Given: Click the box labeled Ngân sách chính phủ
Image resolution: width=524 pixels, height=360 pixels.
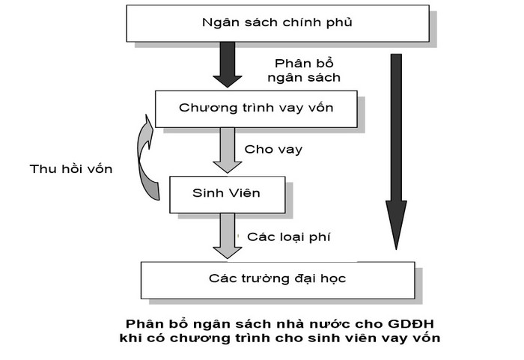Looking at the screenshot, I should [x=278, y=23].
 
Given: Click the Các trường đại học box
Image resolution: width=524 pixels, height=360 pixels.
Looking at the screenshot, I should [x=278, y=279].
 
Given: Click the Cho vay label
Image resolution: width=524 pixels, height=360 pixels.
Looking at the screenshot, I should [x=273, y=150].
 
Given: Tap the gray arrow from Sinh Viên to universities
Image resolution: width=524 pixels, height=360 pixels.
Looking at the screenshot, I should [x=227, y=235].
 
